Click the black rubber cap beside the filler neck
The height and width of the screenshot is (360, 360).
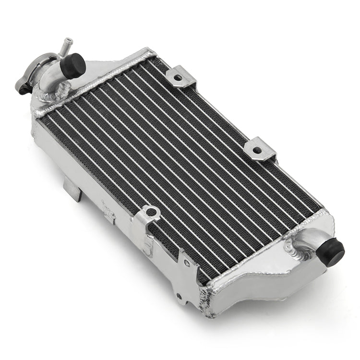point(73,65)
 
